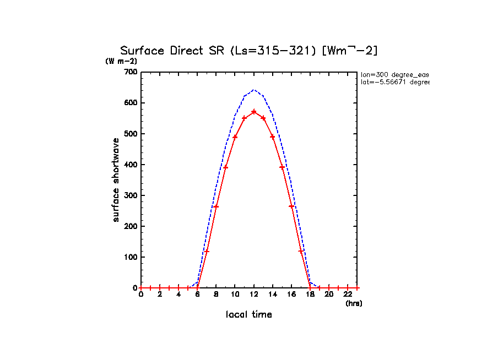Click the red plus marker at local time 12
(x=254, y=112)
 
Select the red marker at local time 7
(x=207, y=251)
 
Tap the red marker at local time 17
(x=301, y=251)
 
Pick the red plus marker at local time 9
(x=225, y=167)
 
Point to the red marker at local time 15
(x=282, y=167)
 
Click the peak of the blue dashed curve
(x=254, y=90)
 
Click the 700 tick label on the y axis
(x=131, y=72)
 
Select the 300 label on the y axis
(x=131, y=195)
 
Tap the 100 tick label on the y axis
(x=131, y=257)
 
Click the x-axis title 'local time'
(x=248, y=315)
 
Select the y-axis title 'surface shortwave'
(x=116, y=180)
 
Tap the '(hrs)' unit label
(x=354, y=303)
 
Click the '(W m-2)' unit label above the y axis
(x=121, y=61)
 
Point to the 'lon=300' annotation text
(x=394, y=74)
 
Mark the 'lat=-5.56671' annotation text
(x=394, y=82)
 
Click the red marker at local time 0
(x=141, y=288)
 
